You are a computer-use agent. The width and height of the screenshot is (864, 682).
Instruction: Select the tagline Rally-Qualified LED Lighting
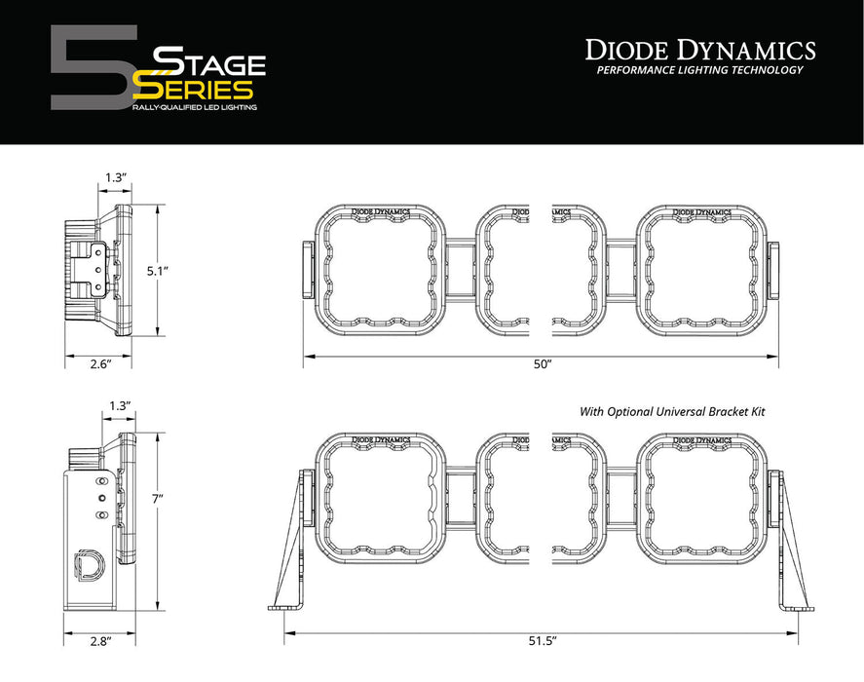point(194,107)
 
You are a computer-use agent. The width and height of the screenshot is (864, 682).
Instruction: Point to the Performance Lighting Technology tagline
point(699,70)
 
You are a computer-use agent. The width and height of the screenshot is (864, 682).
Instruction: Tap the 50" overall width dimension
point(543,363)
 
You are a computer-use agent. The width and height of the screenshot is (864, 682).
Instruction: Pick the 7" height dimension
point(171,498)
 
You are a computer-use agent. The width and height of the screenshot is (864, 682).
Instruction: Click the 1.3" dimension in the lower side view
point(120,404)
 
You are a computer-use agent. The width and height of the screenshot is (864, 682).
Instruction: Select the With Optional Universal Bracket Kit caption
point(672,412)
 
